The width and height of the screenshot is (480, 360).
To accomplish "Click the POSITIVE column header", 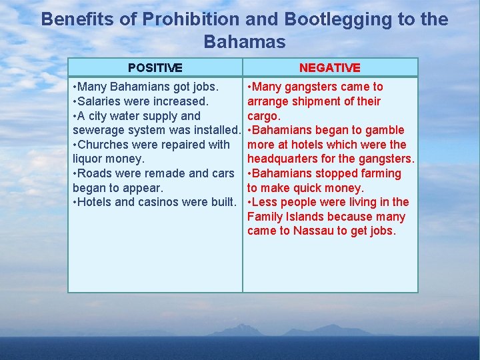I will point(155,67).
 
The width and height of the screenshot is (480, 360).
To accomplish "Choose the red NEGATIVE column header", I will point(329,67).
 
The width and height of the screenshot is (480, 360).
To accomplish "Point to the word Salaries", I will point(101,101).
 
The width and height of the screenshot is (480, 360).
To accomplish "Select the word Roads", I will point(95,173).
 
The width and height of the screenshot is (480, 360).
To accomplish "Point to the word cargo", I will point(262,116).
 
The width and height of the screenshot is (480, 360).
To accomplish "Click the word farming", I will point(381,173).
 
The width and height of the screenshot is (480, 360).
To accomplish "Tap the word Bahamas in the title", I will point(244,42).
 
